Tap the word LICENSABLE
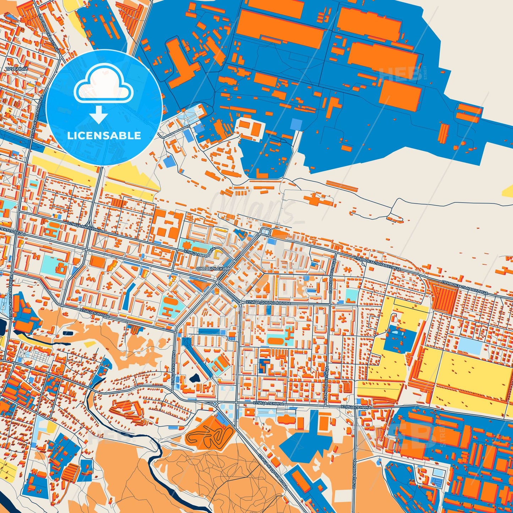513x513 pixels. pos(104,136)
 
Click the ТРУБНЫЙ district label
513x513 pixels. pos(16,69)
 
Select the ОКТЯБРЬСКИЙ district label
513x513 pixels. pos(213,269)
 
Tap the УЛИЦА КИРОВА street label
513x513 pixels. pos(94,313)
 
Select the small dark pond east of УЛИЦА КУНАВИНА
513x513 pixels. pos(195,378)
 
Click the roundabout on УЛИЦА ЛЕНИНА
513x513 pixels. pos(215,404)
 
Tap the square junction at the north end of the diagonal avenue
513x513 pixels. pos(265,231)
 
